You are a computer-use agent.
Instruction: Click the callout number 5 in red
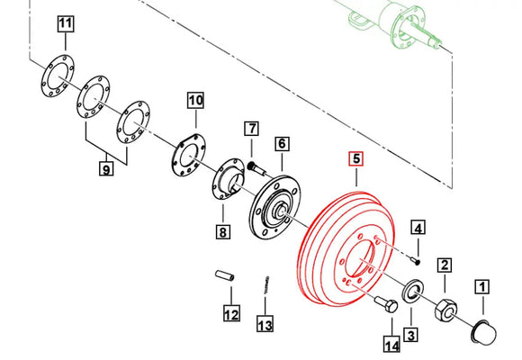tap(356, 160)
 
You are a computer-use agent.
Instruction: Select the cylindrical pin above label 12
tap(225, 280)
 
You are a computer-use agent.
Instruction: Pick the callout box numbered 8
tap(222, 233)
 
